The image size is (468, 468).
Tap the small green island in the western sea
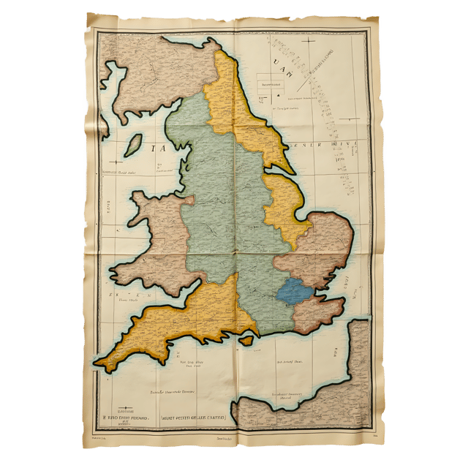(x=132, y=144)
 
